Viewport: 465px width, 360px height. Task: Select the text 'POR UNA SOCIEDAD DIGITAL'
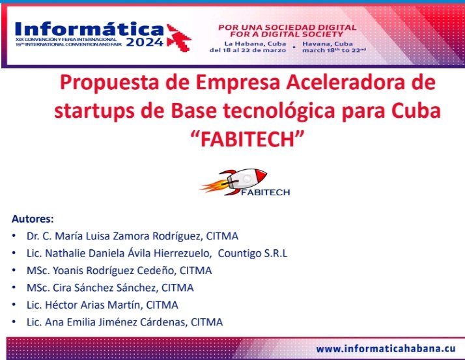[287, 27]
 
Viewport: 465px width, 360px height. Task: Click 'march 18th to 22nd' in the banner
[334, 49]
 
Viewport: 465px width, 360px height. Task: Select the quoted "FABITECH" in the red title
[246, 138]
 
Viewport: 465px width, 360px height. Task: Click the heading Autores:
[33, 218]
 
